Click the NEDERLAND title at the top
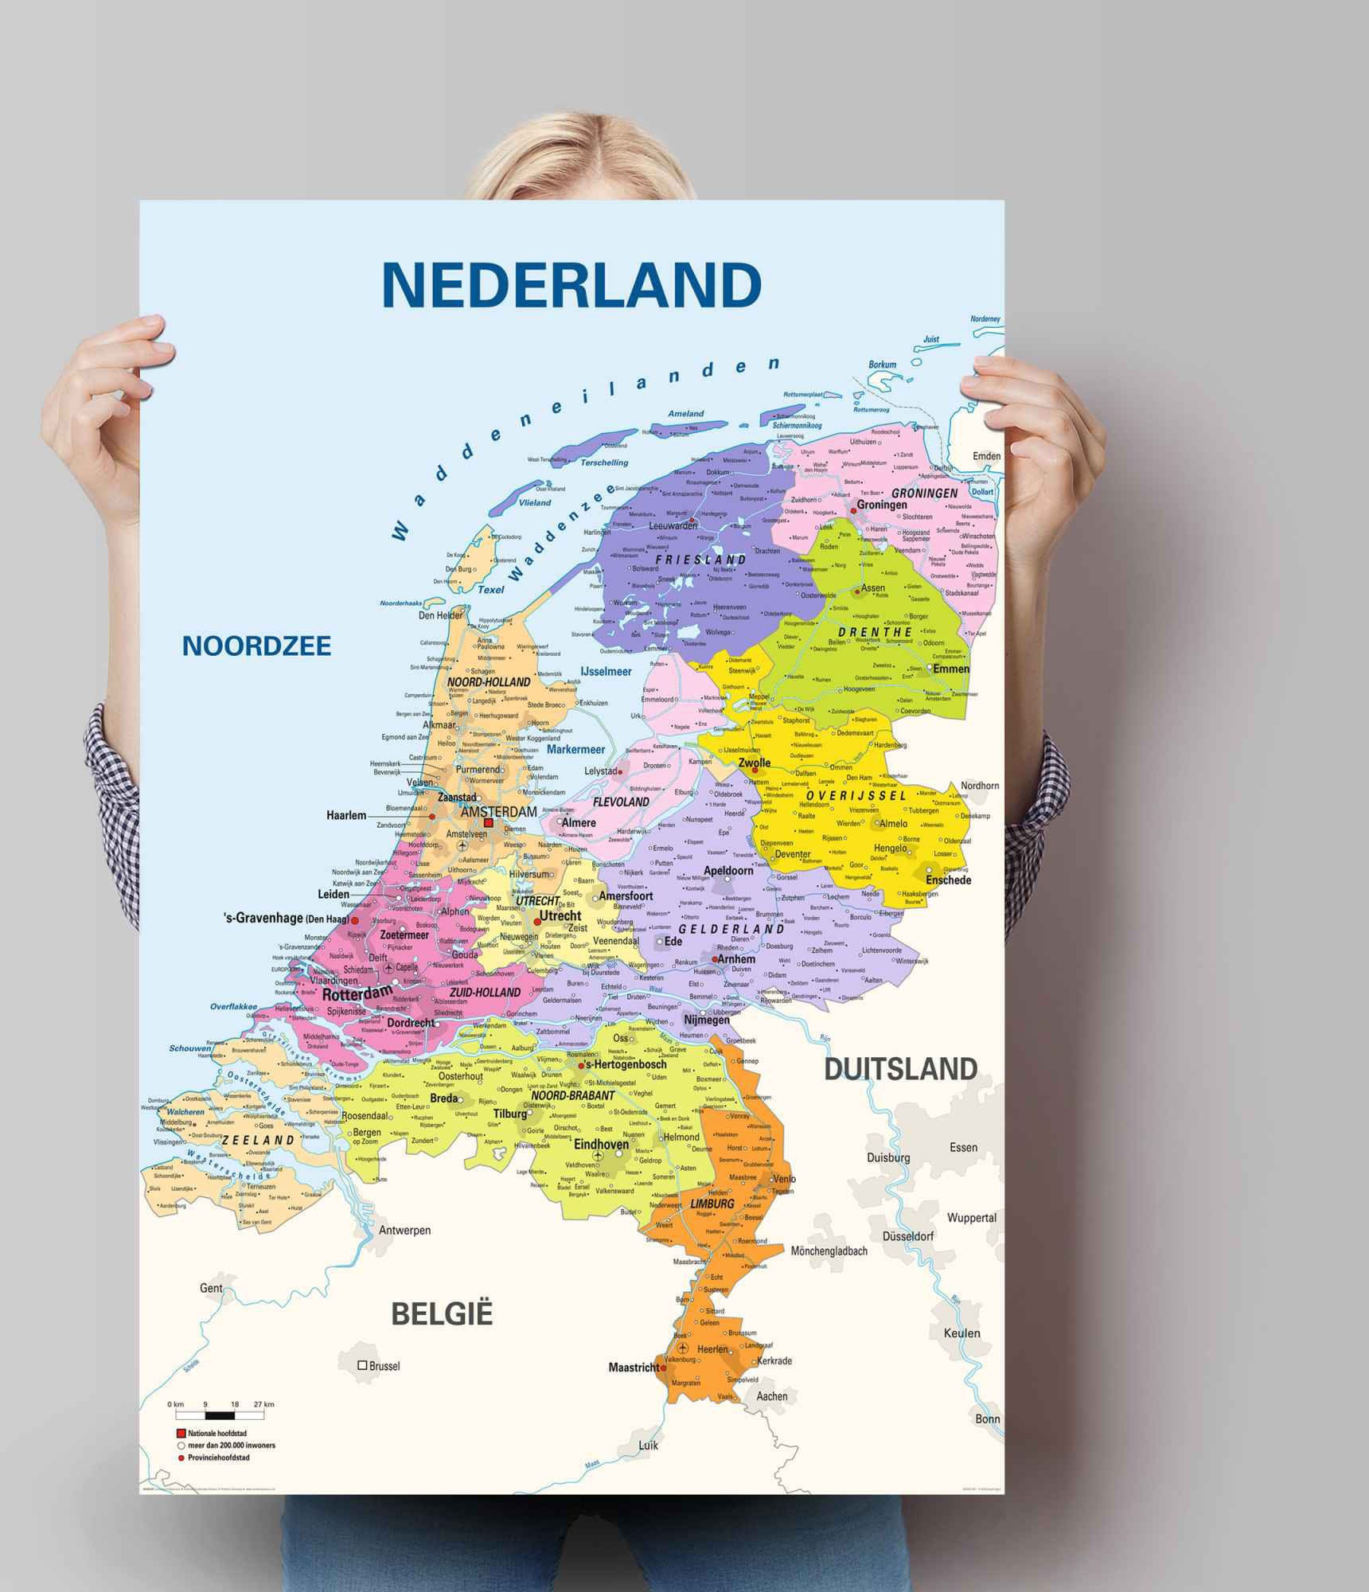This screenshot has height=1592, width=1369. pos(571,284)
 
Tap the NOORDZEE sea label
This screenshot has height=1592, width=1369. pos(256,646)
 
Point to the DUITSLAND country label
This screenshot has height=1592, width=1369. pos(900,1069)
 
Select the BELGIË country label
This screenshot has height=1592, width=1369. pos(443,1313)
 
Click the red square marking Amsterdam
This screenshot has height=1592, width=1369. pos(489,824)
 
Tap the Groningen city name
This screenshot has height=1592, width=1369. pos(882,505)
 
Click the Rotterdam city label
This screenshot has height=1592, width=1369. pos(357,993)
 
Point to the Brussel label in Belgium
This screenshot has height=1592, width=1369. pos(384,1366)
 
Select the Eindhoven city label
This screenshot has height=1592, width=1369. pos(601,1145)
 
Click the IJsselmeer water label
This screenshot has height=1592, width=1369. pos(606,671)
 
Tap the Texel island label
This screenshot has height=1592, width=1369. pos(491,590)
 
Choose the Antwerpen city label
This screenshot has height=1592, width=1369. pos(404,1230)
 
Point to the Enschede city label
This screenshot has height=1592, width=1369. pos(948,880)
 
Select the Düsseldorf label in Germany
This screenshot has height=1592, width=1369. pos(908,1236)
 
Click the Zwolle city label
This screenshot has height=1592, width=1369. pos(755,763)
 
